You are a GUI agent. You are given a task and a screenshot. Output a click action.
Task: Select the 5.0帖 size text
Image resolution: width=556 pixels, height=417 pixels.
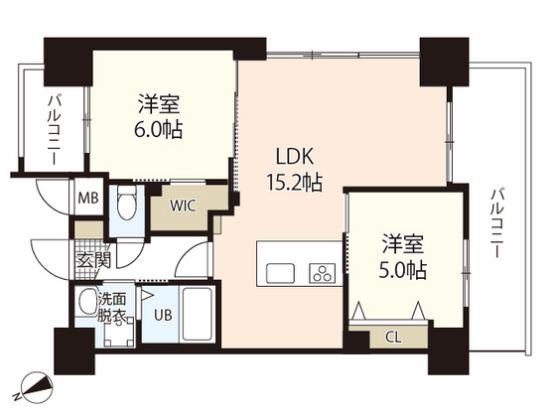(404, 269)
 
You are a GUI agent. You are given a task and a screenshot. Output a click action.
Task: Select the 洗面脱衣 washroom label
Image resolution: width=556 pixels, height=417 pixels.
(110, 308)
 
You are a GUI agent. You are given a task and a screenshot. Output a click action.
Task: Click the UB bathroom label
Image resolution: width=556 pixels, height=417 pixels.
(161, 319)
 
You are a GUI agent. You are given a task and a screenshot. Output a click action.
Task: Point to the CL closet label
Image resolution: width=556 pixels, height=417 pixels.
(393, 337)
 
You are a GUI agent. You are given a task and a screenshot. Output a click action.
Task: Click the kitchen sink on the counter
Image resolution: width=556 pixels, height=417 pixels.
(279, 271)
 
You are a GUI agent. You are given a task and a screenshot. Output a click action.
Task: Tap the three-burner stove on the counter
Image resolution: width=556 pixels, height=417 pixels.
(322, 271)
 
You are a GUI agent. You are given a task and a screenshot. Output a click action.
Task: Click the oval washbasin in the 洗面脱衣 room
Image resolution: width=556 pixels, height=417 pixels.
(89, 301)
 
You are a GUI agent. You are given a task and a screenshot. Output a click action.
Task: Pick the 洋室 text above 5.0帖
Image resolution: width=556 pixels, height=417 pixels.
(404, 241)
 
